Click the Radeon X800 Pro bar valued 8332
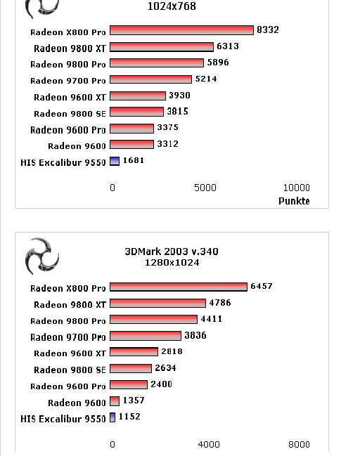181,30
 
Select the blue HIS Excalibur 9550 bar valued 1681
115,161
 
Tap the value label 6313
228,46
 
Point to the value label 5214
206,79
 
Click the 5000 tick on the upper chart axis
205,188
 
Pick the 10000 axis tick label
297,188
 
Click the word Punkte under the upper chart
294,201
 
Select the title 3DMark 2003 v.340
172,252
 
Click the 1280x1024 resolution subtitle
172,263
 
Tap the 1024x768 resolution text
172,6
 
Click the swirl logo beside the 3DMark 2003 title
42,256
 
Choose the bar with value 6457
179,287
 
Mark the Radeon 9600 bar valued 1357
115,401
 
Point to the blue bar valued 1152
112,417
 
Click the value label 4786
220,303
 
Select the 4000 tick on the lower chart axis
209,444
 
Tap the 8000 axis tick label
299,444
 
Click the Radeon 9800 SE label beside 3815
70,113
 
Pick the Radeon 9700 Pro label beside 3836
68,337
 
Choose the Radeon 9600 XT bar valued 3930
138,96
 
